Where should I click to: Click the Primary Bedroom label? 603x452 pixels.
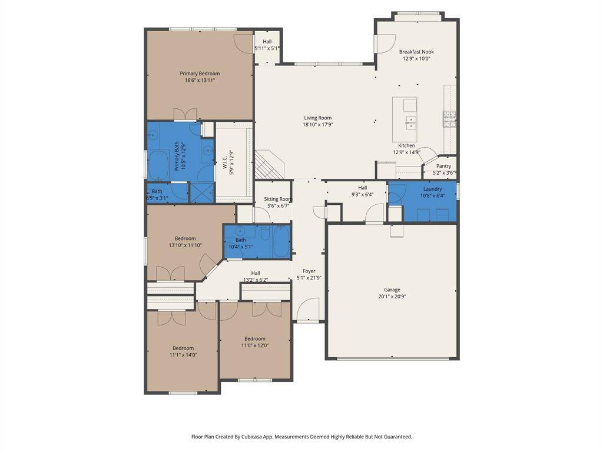(x=200, y=74)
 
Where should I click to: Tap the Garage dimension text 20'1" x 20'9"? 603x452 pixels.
(x=392, y=297)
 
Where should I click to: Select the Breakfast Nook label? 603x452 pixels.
(x=416, y=52)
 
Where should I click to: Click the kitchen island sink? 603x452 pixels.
(x=410, y=122)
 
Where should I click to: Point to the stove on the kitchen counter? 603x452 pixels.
(x=449, y=119)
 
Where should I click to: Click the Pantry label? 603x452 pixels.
(x=444, y=166)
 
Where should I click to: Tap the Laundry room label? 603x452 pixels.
(x=433, y=189)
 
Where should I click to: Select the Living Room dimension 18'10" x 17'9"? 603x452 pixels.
(x=317, y=125)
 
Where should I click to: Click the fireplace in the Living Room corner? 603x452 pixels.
(x=269, y=165)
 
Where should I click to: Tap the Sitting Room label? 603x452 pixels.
(x=278, y=199)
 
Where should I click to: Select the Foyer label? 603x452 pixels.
(x=309, y=271)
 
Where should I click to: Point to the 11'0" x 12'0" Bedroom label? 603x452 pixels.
(x=255, y=338)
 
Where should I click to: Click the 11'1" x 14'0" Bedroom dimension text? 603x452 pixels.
(x=183, y=355)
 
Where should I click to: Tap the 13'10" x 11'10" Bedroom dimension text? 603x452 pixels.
(x=185, y=245)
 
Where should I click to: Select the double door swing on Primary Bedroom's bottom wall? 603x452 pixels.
(x=185, y=114)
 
